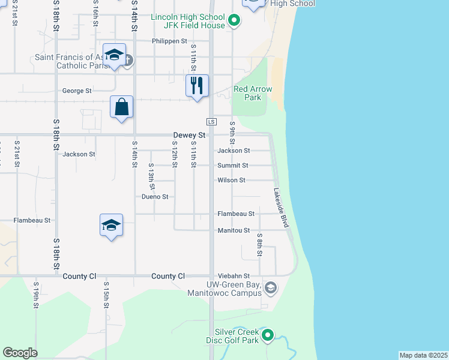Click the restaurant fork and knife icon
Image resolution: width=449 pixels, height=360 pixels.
click(197, 86)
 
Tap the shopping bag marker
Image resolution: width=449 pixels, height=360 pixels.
click(121, 107)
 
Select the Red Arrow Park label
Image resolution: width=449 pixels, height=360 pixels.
click(253, 93)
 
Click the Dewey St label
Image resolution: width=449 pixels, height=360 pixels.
click(189, 136)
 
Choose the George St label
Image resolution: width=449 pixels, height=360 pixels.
click(77, 91)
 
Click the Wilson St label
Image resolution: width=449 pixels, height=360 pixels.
click(231, 180)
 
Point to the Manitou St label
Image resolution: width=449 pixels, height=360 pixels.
click(234, 230)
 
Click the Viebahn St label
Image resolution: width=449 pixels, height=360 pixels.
click(234, 276)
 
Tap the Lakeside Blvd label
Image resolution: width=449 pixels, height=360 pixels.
click(282, 208)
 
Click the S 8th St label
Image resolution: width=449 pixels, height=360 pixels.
click(259, 245)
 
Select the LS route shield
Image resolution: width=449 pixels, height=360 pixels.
click(211, 121)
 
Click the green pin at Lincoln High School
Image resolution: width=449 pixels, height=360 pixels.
click(235, 22)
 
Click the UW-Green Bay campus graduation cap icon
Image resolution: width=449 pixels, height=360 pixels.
click(271, 289)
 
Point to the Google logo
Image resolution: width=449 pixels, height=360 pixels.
click(20, 353)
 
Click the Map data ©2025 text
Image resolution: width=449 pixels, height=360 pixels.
click(423, 355)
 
